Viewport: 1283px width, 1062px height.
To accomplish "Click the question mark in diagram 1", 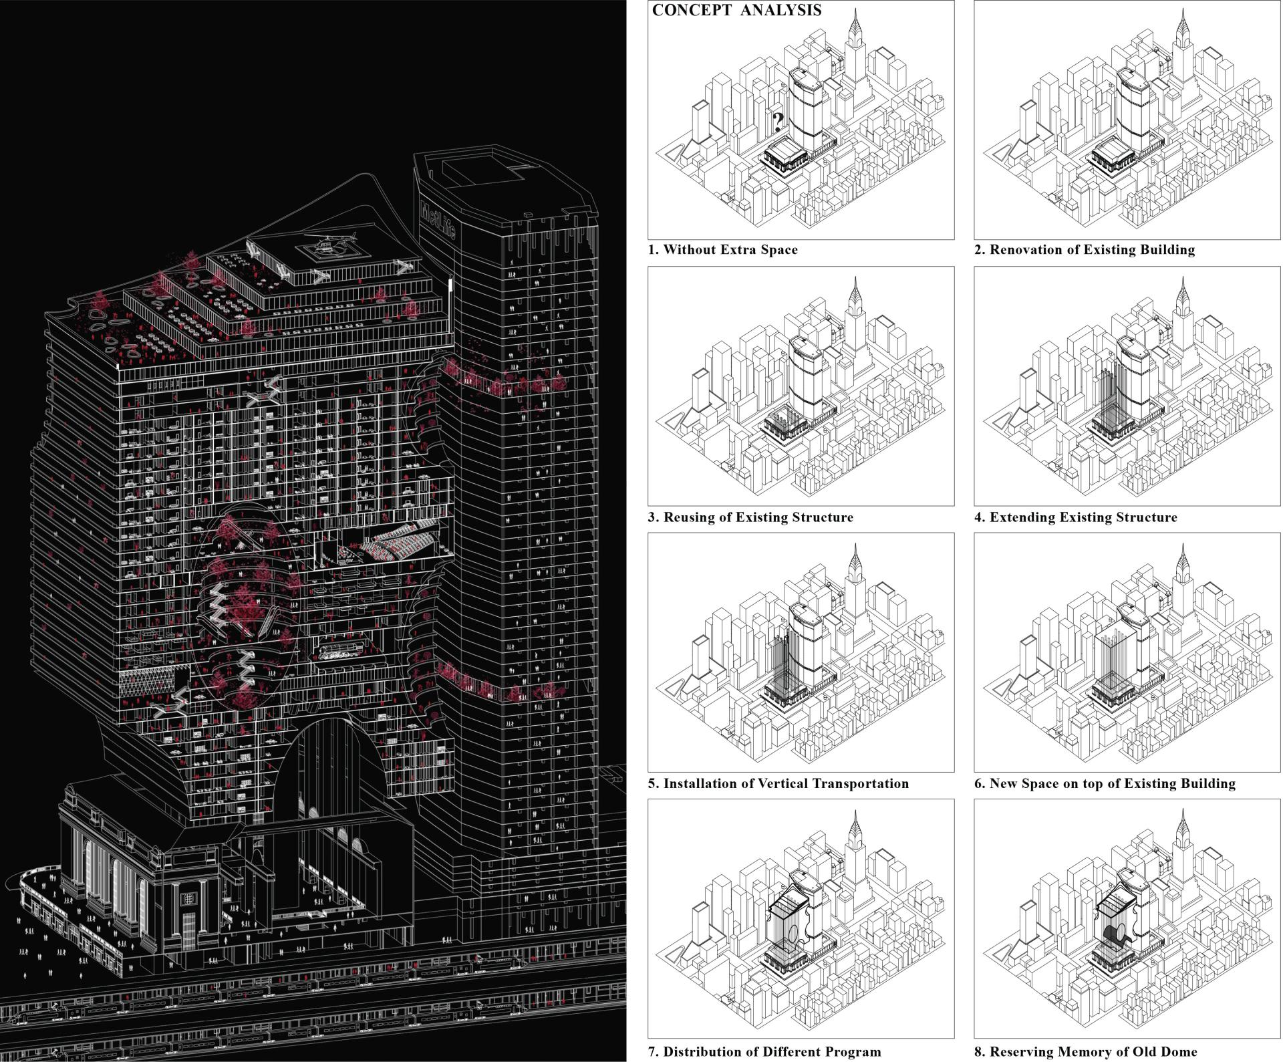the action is click(x=778, y=121).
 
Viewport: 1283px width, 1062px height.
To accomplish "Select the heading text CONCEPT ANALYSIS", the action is click(x=737, y=10).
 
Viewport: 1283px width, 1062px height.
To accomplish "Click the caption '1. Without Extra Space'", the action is click(x=723, y=250).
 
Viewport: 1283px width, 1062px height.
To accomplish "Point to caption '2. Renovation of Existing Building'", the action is click(x=1085, y=250).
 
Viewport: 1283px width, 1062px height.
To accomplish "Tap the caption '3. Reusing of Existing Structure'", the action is click(x=750, y=517).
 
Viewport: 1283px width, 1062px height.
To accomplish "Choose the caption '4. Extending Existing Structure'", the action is click(x=1076, y=517).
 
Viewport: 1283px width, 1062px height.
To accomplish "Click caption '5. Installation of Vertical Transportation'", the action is click(x=778, y=783).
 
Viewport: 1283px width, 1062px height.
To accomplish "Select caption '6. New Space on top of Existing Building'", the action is click(x=1105, y=783).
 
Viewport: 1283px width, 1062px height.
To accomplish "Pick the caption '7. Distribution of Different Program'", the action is click(x=764, y=1051).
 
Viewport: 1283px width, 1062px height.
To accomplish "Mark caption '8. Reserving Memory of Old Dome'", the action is click(x=1086, y=1051).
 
